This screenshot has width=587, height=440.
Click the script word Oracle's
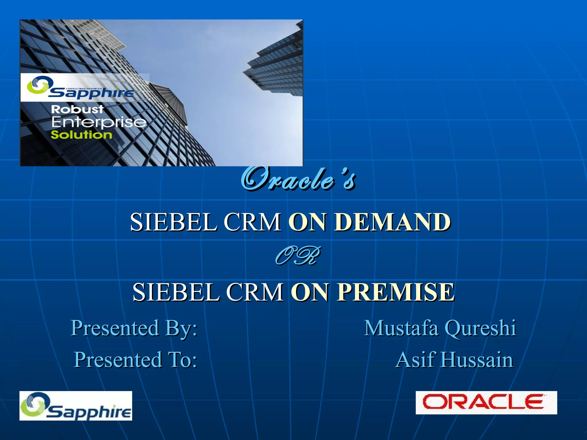298,180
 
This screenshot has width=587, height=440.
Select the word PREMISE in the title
396,292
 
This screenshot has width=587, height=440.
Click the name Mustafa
401,328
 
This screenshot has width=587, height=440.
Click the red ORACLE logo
486,402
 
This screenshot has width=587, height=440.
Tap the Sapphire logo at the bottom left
76,406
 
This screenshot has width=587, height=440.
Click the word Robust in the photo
77,109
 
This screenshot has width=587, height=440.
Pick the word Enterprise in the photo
99,122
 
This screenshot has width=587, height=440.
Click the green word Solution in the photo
81,135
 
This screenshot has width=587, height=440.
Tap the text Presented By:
134,328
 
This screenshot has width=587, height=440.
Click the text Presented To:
136,360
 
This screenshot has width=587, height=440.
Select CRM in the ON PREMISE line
255,292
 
